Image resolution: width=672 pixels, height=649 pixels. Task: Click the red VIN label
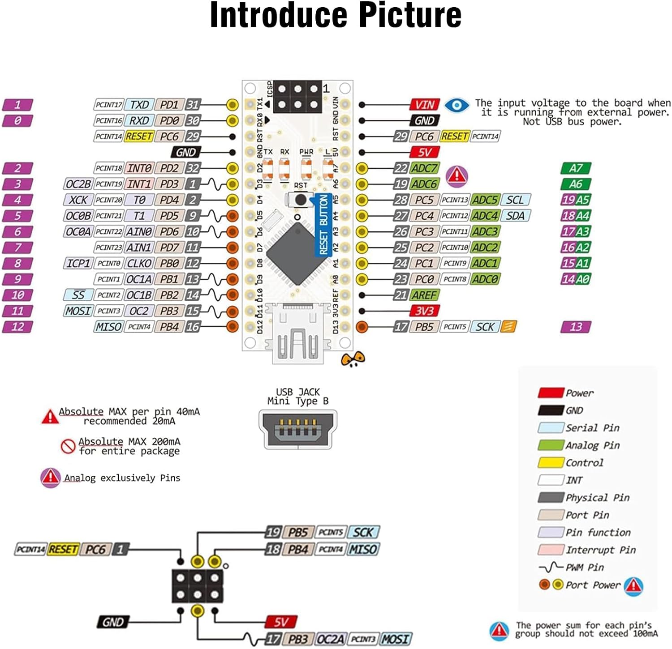(424, 105)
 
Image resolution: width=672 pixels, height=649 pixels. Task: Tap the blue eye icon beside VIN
(457, 105)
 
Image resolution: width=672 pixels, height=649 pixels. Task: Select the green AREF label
(424, 295)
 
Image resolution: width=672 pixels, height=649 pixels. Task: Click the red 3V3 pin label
(424, 311)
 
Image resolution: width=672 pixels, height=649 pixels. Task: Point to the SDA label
(515, 216)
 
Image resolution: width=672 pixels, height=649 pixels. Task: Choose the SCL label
(515, 200)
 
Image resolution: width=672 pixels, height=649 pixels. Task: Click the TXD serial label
(139, 105)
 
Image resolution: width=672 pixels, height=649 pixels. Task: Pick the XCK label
(78, 200)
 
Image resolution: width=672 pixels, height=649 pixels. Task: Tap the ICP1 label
(78, 263)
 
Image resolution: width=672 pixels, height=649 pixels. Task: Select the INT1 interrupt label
(139, 184)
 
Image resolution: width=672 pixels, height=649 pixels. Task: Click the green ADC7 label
(424, 168)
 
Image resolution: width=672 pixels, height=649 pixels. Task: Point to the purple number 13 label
(576, 327)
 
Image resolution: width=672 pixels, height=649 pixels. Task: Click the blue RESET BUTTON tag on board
(323, 225)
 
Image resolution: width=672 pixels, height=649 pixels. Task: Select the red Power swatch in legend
(551, 393)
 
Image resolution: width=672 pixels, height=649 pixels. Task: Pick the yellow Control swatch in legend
(551, 462)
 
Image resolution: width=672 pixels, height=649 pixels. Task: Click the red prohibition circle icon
(68, 446)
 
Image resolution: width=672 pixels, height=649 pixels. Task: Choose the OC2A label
(331, 639)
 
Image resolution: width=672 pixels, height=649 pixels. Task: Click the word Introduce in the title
(278, 16)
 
